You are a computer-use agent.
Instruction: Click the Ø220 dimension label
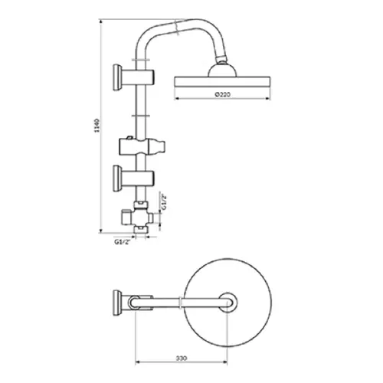point(222,94)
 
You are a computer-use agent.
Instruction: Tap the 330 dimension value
point(182,358)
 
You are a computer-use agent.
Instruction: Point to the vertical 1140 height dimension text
point(97,126)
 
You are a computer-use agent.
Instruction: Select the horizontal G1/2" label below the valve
point(123,242)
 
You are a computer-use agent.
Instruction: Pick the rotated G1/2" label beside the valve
point(164,202)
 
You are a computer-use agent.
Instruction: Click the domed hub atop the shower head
point(222,70)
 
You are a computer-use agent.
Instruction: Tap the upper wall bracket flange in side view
point(117,77)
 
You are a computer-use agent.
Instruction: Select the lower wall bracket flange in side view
point(117,178)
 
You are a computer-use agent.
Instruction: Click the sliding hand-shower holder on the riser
point(142,146)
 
